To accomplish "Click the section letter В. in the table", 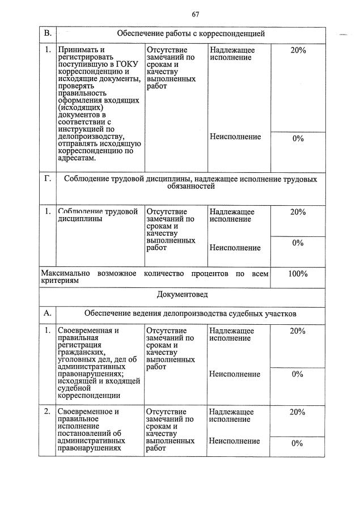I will [x=48, y=34].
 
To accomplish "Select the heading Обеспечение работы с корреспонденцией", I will [x=191, y=34].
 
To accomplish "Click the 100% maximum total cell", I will [x=298, y=274].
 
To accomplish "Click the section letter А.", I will [x=48, y=313].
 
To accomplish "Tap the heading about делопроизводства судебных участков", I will [x=190, y=313].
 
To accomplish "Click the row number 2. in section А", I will [x=48, y=412].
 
